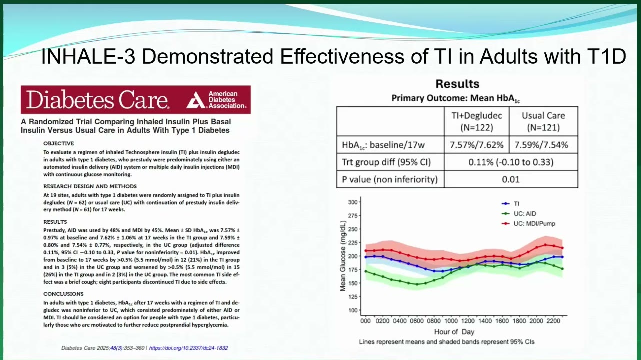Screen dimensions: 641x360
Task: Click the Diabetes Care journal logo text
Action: [x=97, y=100]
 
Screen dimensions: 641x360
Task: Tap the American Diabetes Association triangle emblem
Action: [x=196, y=100]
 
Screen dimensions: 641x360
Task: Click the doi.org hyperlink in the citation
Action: [x=188, y=348]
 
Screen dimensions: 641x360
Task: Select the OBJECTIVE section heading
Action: [x=58, y=143]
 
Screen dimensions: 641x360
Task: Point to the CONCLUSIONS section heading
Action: [x=63, y=294]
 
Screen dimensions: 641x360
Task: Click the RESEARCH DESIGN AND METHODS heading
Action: [x=90, y=186]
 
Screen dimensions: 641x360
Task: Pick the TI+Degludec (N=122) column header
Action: [x=476, y=121]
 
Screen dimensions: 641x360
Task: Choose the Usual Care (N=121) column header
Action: [x=543, y=121]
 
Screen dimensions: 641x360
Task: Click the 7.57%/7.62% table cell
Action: [x=476, y=145]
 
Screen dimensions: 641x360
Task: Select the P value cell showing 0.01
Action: [x=511, y=179]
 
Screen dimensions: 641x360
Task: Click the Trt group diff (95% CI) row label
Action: [x=386, y=162]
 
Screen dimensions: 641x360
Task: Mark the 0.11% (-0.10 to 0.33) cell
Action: [x=511, y=162]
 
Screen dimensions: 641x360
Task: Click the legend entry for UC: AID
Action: [x=519, y=214]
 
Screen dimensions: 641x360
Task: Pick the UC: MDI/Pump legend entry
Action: [x=528, y=224]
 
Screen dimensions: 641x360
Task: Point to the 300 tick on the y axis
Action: [x=353, y=202]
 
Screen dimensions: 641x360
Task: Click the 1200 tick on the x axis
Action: [x=468, y=321]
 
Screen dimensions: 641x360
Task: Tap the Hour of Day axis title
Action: [x=454, y=332]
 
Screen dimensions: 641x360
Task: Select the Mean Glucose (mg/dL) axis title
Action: [x=343, y=256]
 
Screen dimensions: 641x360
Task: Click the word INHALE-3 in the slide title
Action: [x=88, y=56]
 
